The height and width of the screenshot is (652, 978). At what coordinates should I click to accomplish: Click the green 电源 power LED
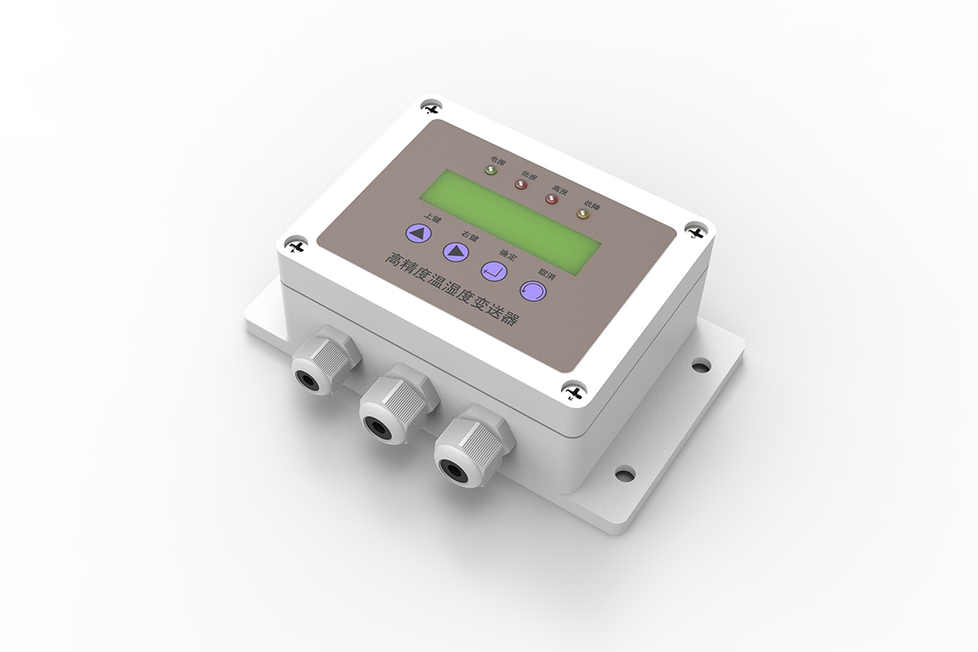491,170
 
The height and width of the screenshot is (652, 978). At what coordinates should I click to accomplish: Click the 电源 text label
496,161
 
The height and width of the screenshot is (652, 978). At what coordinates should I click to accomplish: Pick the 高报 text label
560,189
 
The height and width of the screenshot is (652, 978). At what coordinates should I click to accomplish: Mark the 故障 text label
591,204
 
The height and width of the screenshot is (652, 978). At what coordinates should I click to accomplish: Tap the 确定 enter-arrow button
495,270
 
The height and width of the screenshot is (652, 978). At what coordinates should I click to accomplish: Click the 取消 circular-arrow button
531,289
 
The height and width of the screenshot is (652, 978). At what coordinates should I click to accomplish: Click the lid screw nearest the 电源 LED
430,108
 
